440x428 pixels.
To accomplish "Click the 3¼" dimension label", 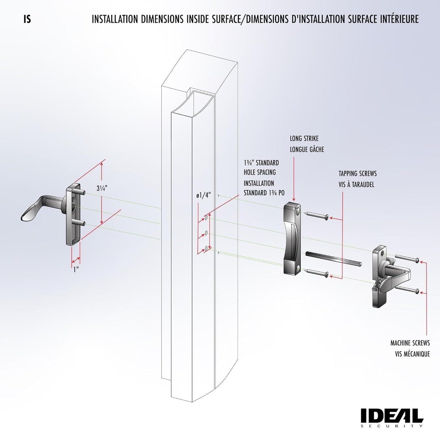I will pos(102,188).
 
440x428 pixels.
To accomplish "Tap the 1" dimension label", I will pos(76,269).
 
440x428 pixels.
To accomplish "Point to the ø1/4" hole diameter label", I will pos(203,196).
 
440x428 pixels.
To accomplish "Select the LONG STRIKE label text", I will pos(304,139).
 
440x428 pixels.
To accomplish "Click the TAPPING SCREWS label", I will pos(357,174).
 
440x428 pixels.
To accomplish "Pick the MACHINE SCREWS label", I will pos(410,343).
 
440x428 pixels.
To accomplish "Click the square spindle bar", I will pos(333,258).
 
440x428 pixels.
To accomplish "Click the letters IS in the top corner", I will pos(27,19).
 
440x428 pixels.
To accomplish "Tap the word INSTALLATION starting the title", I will pos(115,19).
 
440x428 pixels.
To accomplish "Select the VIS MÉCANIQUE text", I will pos(412,354).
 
